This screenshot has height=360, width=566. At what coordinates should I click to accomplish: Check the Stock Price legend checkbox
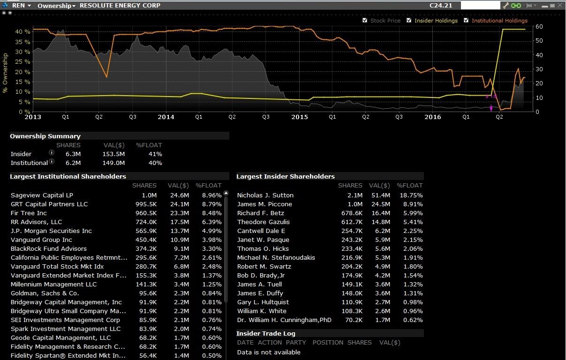coord(365,21)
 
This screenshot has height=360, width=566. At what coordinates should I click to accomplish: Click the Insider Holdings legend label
coord(436,21)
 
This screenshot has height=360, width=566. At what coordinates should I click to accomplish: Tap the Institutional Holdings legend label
coord(499,21)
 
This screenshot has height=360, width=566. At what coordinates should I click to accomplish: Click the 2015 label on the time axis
coord(300,117)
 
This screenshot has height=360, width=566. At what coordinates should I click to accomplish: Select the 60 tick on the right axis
coord(539,27)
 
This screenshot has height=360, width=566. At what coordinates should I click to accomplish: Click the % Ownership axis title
coord(6,73)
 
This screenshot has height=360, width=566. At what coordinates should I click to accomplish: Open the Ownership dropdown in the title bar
coord(56,6)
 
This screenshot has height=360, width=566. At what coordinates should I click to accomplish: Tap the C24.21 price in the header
coord(441,6)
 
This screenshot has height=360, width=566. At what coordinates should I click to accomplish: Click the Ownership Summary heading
coord(45,136)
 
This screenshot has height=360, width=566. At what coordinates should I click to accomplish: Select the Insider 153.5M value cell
coord(114,154)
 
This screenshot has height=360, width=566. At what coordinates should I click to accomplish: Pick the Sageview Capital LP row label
coord(42,195)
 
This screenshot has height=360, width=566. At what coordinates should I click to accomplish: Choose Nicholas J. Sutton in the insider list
coord(265,195)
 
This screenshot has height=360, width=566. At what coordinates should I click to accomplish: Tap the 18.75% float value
coord(411,195)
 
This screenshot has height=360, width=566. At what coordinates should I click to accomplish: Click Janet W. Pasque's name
coord(263,240)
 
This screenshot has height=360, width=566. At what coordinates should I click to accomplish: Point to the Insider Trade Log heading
coord(265,334)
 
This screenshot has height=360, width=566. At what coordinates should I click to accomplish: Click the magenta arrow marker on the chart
coord(491,108)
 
